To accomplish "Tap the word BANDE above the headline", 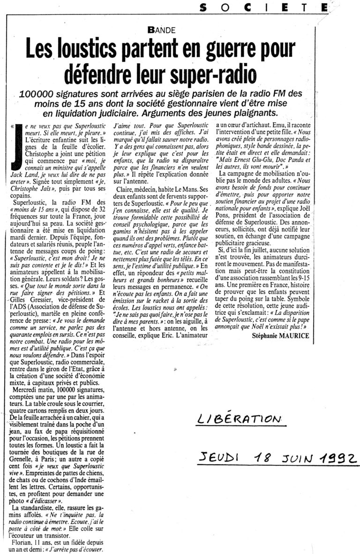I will [161, 30].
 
